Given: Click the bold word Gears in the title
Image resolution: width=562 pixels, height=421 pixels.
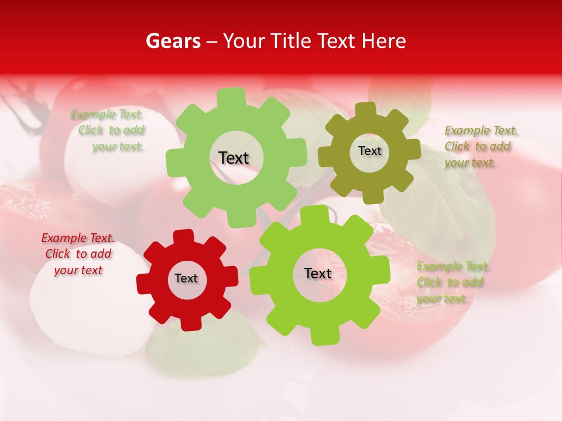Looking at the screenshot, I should (173, 41).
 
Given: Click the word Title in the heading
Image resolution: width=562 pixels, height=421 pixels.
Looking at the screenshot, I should (292, 41).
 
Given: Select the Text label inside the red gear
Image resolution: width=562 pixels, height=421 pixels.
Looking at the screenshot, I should (186, 279).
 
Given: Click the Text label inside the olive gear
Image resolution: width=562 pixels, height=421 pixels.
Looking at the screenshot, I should (369, 151).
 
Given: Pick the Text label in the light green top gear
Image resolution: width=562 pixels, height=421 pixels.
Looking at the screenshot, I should (234, 158).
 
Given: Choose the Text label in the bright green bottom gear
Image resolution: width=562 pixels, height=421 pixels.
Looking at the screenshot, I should (318, 274).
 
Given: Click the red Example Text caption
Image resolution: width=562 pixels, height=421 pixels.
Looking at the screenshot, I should (78, 254).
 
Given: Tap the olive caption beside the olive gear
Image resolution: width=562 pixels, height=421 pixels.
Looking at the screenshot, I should (481, 146).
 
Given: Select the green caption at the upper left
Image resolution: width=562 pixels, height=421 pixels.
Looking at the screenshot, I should (108, 130).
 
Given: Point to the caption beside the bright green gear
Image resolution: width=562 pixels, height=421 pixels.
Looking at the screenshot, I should (453, 282).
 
